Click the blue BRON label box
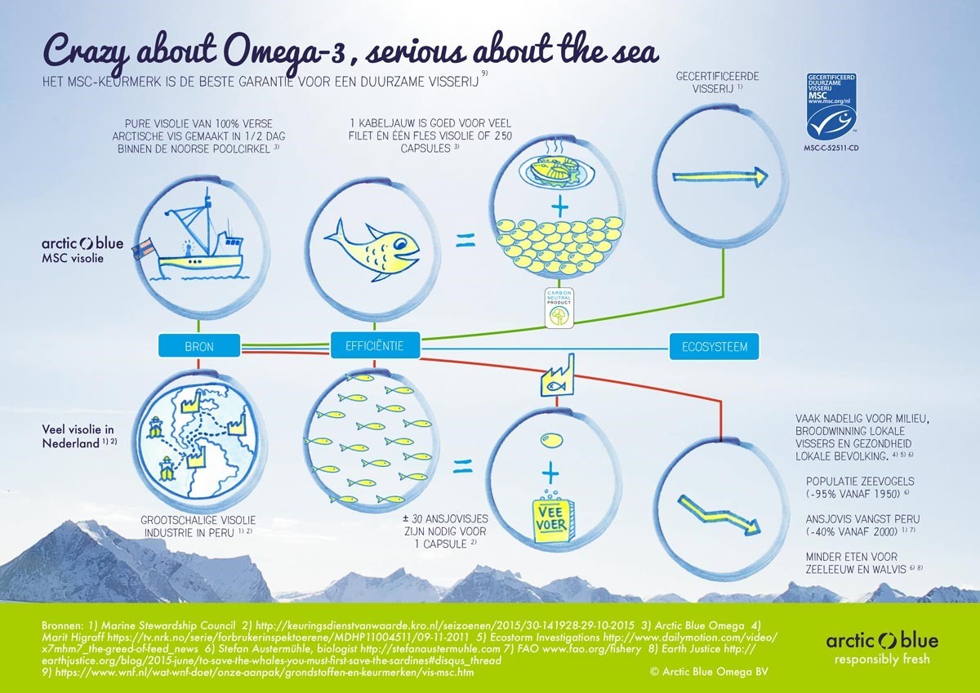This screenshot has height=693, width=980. [x=199, y=346]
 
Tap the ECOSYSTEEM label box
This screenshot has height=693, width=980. [x=708, y=346]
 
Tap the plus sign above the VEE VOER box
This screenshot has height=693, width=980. [x=553, y=472]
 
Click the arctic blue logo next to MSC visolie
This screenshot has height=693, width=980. [x=82, y=243]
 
